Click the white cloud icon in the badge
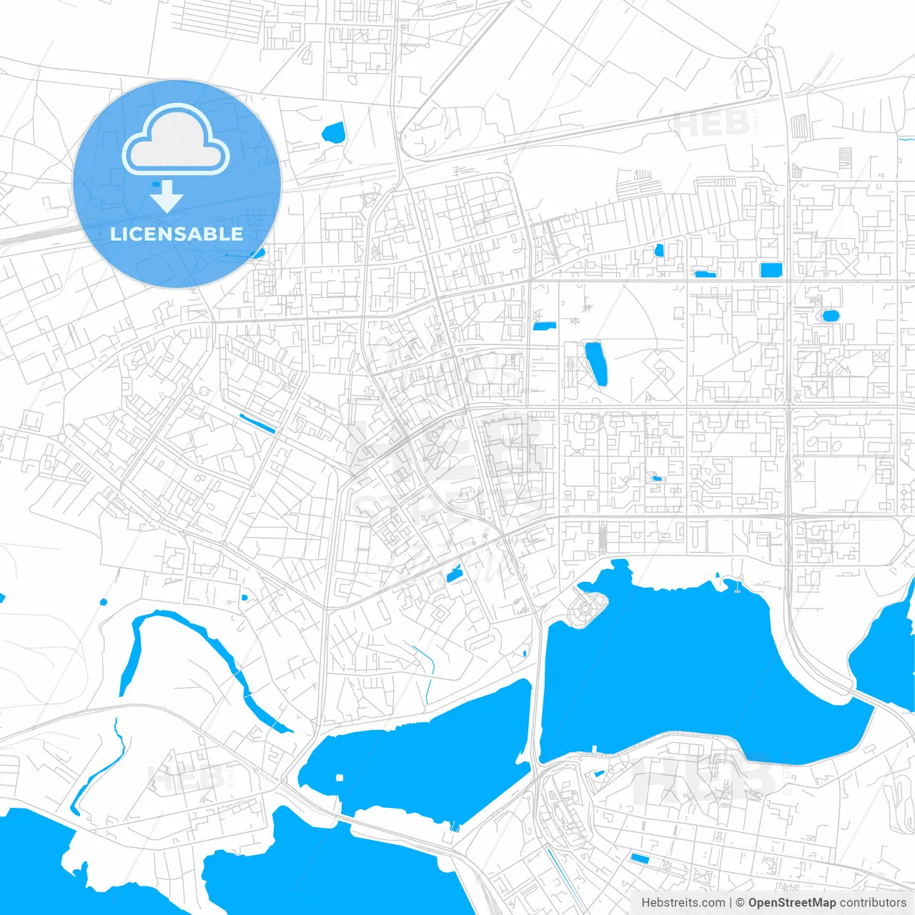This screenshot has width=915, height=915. [176, 140]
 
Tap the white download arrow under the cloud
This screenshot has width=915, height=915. [167, 197]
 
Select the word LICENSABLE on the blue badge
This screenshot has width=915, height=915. [177, 234]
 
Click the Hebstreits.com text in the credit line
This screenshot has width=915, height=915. [683, 903]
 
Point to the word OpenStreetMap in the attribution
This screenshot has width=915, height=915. [791, 903]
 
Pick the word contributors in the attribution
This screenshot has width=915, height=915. [872, 903]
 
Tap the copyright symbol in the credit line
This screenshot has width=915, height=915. [741, 903]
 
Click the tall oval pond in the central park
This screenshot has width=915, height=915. [596, 363]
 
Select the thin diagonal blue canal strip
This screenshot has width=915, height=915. [257, 424]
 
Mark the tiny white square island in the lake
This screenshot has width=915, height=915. [340, 777]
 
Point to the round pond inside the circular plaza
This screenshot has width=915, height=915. [831, 315]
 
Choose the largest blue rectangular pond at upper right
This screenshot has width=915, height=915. [771, 269]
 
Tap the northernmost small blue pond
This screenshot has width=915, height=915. [333, 132]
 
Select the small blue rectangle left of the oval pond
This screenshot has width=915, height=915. [544, 327]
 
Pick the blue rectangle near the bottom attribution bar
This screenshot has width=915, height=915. [640, 859]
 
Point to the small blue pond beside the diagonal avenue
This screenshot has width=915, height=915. [454, 573]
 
